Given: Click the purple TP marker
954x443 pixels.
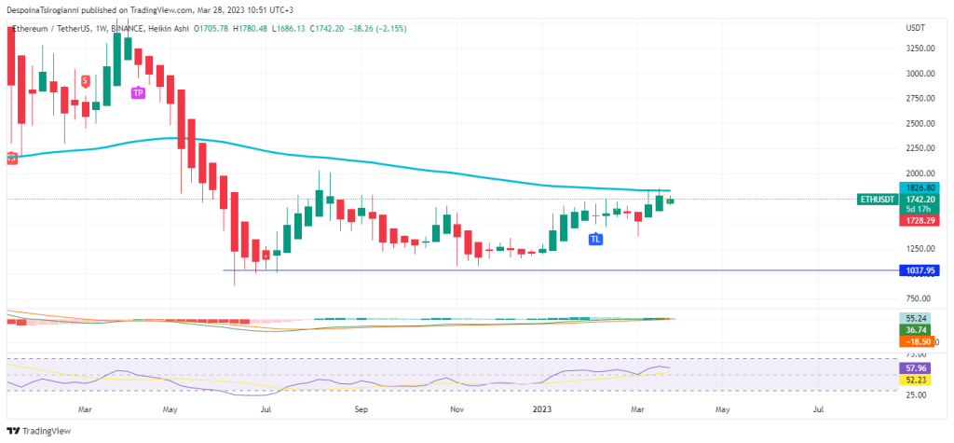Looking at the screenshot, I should [x=138, y=92].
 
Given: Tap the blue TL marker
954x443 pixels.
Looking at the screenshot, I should [x=594, y=240].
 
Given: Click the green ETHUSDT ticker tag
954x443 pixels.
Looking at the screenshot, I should [x=878, y=200].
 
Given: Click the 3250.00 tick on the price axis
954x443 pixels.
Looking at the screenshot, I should [x=920, y=48].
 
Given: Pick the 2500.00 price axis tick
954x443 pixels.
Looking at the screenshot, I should [x=920, y=124].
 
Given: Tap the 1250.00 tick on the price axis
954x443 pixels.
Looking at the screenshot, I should [x=920, y=249].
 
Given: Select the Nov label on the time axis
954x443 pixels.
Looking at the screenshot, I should [x=457, y=408].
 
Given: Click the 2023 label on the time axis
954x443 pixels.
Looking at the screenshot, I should [x=545, y=408].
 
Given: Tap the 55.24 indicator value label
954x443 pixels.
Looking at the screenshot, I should [x=918, y=318].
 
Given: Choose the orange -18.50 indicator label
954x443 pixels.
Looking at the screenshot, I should [x=918, y=342].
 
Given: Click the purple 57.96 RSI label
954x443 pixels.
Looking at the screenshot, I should [x=918, y=369].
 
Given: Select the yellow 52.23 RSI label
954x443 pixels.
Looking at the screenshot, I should [x=918, y=381].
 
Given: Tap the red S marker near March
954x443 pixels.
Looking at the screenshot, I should [x=86, y=81].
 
